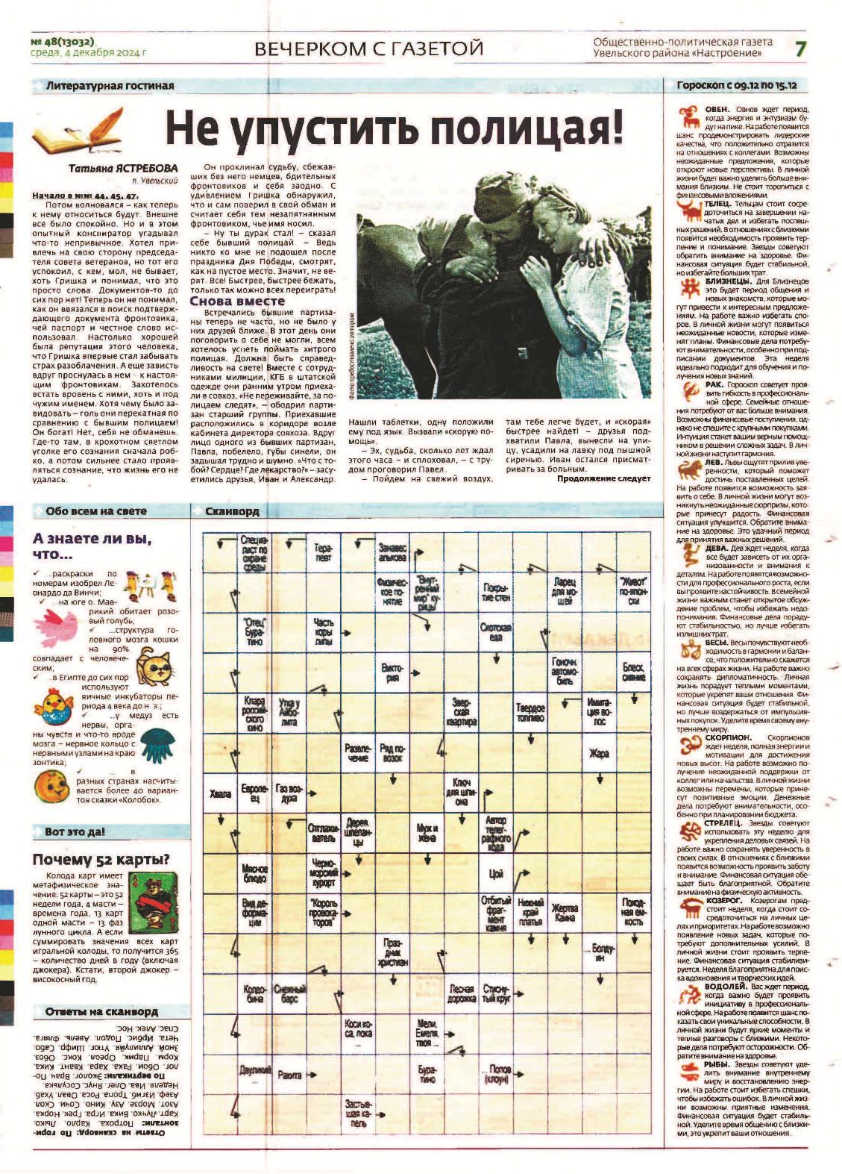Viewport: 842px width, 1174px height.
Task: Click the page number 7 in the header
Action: (800, 49)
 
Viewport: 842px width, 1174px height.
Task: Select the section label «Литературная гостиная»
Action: (110, 86)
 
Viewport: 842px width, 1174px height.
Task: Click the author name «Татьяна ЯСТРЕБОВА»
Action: (123, 168)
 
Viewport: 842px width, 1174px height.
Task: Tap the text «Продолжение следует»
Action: (603, 478)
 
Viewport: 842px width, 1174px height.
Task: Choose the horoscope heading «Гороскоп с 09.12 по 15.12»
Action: (736, 86)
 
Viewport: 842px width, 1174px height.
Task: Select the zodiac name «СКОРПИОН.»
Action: (729, 737)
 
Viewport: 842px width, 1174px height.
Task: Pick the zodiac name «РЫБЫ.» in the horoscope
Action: (717, 1064)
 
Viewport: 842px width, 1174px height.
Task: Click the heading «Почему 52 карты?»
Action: (101, 859)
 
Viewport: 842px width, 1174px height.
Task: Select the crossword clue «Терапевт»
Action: (323, 552)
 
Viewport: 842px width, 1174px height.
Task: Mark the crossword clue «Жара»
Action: (599, 753)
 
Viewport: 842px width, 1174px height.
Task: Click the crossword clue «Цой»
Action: (496, 874)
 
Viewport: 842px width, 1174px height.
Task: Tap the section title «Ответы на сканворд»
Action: (101, 1011)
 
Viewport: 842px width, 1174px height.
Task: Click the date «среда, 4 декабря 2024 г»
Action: (89, 54)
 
